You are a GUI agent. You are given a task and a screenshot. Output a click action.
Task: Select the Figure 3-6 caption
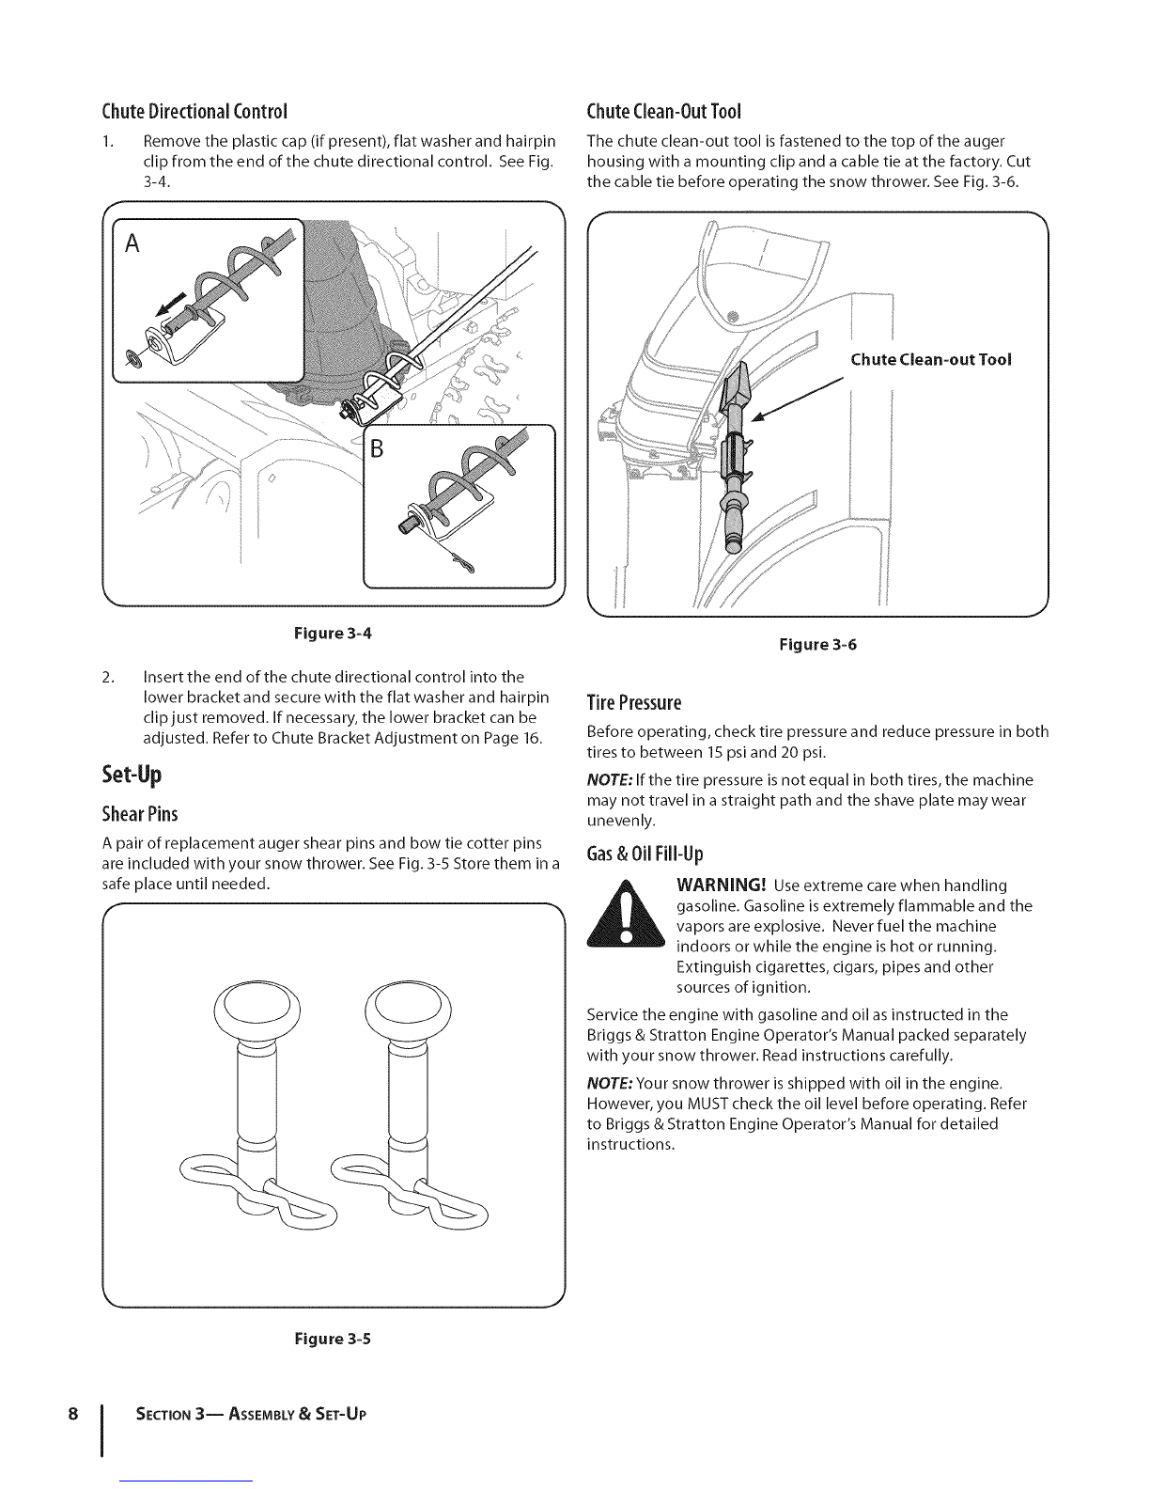pyautogui.click(x=818, y=645)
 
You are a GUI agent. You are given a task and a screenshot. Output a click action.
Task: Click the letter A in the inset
pyautogui.click(x=132, y=244)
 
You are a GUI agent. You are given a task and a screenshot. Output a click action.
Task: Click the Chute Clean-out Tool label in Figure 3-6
pyautogui.click(x=930, y=359)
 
